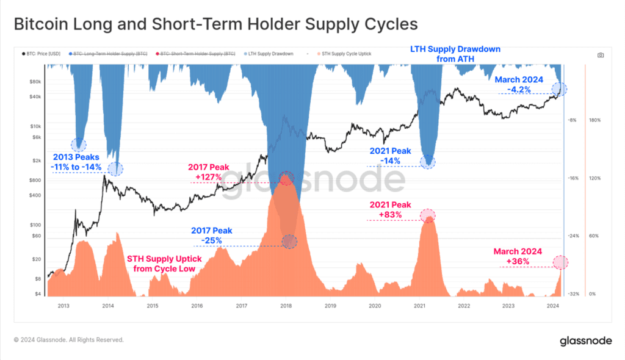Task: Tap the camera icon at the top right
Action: pyautogui.click(x=601, y=55)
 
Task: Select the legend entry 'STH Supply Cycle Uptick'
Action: pyautogui.click(x=344, y=54)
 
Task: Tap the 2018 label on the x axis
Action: pyautogui.click(x=286, y=305)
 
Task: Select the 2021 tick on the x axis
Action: pyautogui.click(x=419, y=305)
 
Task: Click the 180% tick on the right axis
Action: pyautogui.click(x=595, y=120)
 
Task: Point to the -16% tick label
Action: pyautogui.click(x=573, y=178)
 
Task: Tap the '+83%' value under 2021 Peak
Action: pyautogui.click(x=391, y=215)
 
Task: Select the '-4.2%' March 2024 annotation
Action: pyautogui.click(x=519, y=90)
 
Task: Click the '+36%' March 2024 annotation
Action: pyautogui.click(x=518, y=262)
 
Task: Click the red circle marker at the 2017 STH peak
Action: pyautogui.click(x=286, y=178)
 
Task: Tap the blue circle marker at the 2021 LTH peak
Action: pyautogui.click(x=428, y=162)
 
